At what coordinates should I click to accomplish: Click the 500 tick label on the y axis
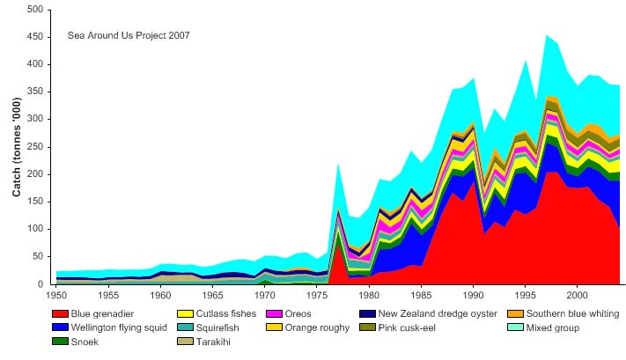coord(34,10)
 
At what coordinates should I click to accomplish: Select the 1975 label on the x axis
coord(315,295)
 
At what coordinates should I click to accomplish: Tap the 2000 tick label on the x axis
coord(577,295)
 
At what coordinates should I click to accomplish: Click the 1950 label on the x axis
coord(55,295)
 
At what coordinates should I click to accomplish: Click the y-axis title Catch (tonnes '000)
coord(16,147)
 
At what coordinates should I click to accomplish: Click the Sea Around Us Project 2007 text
coord(129,35)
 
